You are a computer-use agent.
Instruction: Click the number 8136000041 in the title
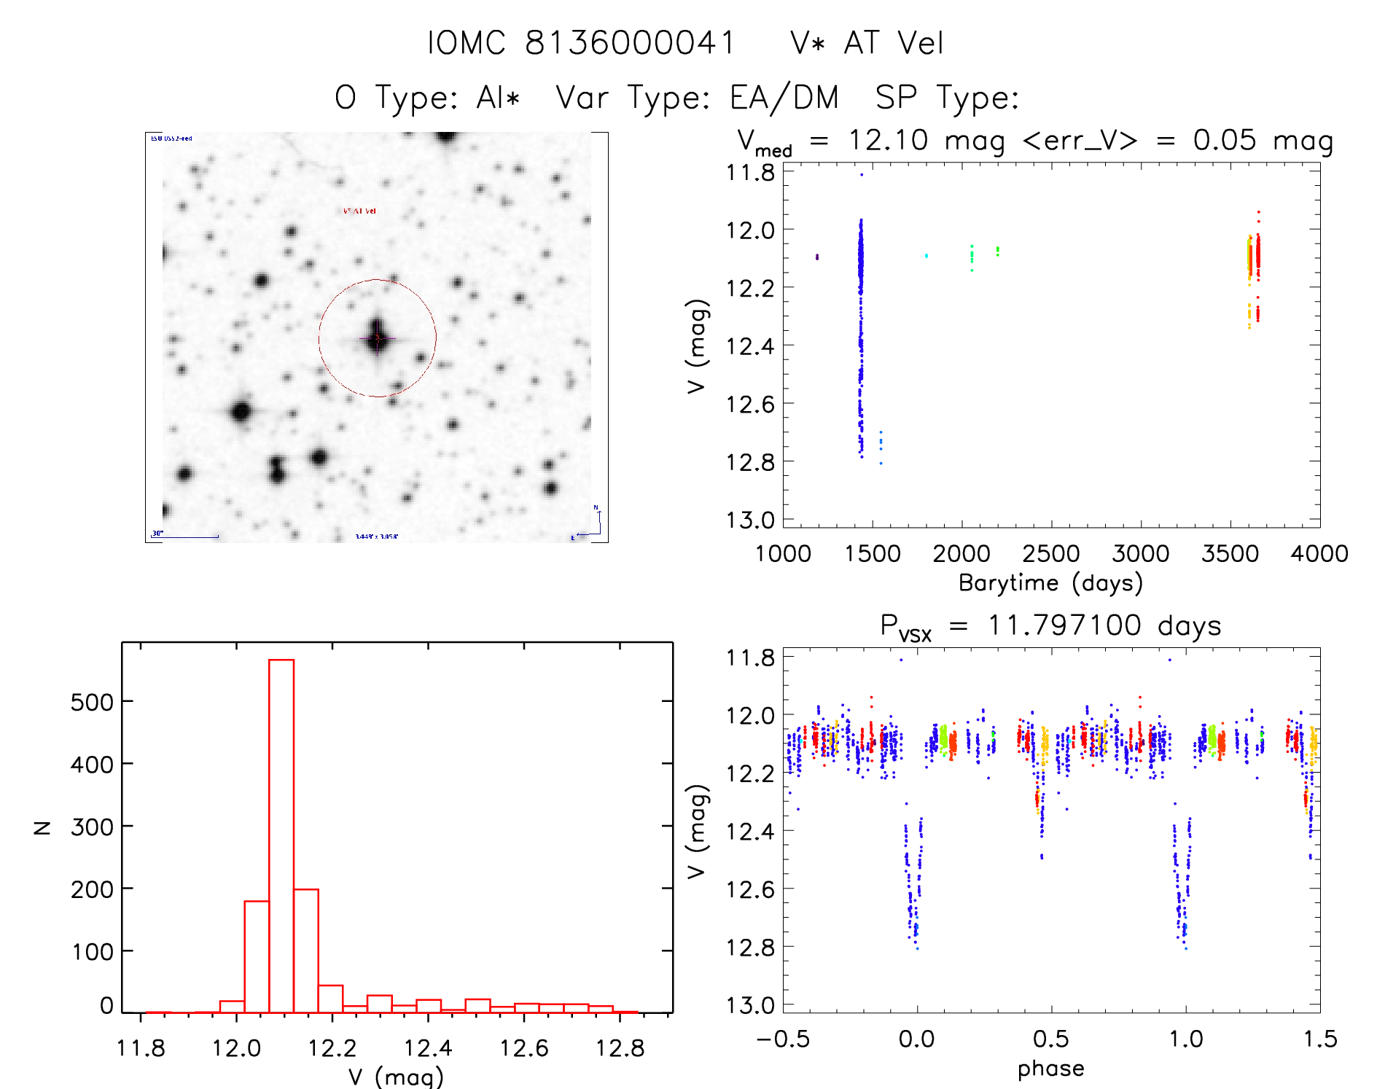pyautogui.click(x=630, y=43)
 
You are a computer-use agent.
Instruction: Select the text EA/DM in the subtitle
pyautogui.click(x=784, y=98)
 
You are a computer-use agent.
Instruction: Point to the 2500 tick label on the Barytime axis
pyautogui.click(x=1050, y=554)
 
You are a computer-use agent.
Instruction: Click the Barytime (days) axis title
pyautogui.click(x=1050, y=583)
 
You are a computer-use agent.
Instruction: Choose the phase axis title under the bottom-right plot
pyautogui.click(x=1050, y=1069)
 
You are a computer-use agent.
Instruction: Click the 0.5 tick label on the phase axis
pyautogui.click(x=1050, y=1039)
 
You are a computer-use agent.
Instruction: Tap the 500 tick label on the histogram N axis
pyautogui.click(x=92, y=702)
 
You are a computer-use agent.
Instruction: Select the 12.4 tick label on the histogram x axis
pyautogui.click(x=428, y=1048)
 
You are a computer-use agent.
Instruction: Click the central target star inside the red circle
pyautogui.click(x=377, y=337)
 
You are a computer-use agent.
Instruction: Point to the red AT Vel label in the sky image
pyautogui.click(x=359, y=211)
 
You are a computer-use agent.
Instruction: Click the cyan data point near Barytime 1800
pyautogui.click(x=927, y=255)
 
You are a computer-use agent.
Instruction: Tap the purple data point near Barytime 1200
pyautogui.click(x=817, y=257)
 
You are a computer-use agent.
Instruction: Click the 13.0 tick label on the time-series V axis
pyautogui.click(x=750, y=520)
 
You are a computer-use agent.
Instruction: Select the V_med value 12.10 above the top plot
pyautogui.click(x=888, y=140)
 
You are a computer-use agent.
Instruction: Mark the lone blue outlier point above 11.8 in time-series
pyautogui.click(x=861, y=174)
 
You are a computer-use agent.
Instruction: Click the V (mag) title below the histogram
pyautogui.click(x=396, y=1077)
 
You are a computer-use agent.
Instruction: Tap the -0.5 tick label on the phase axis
pyautogui.click(x=782, y=1039)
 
